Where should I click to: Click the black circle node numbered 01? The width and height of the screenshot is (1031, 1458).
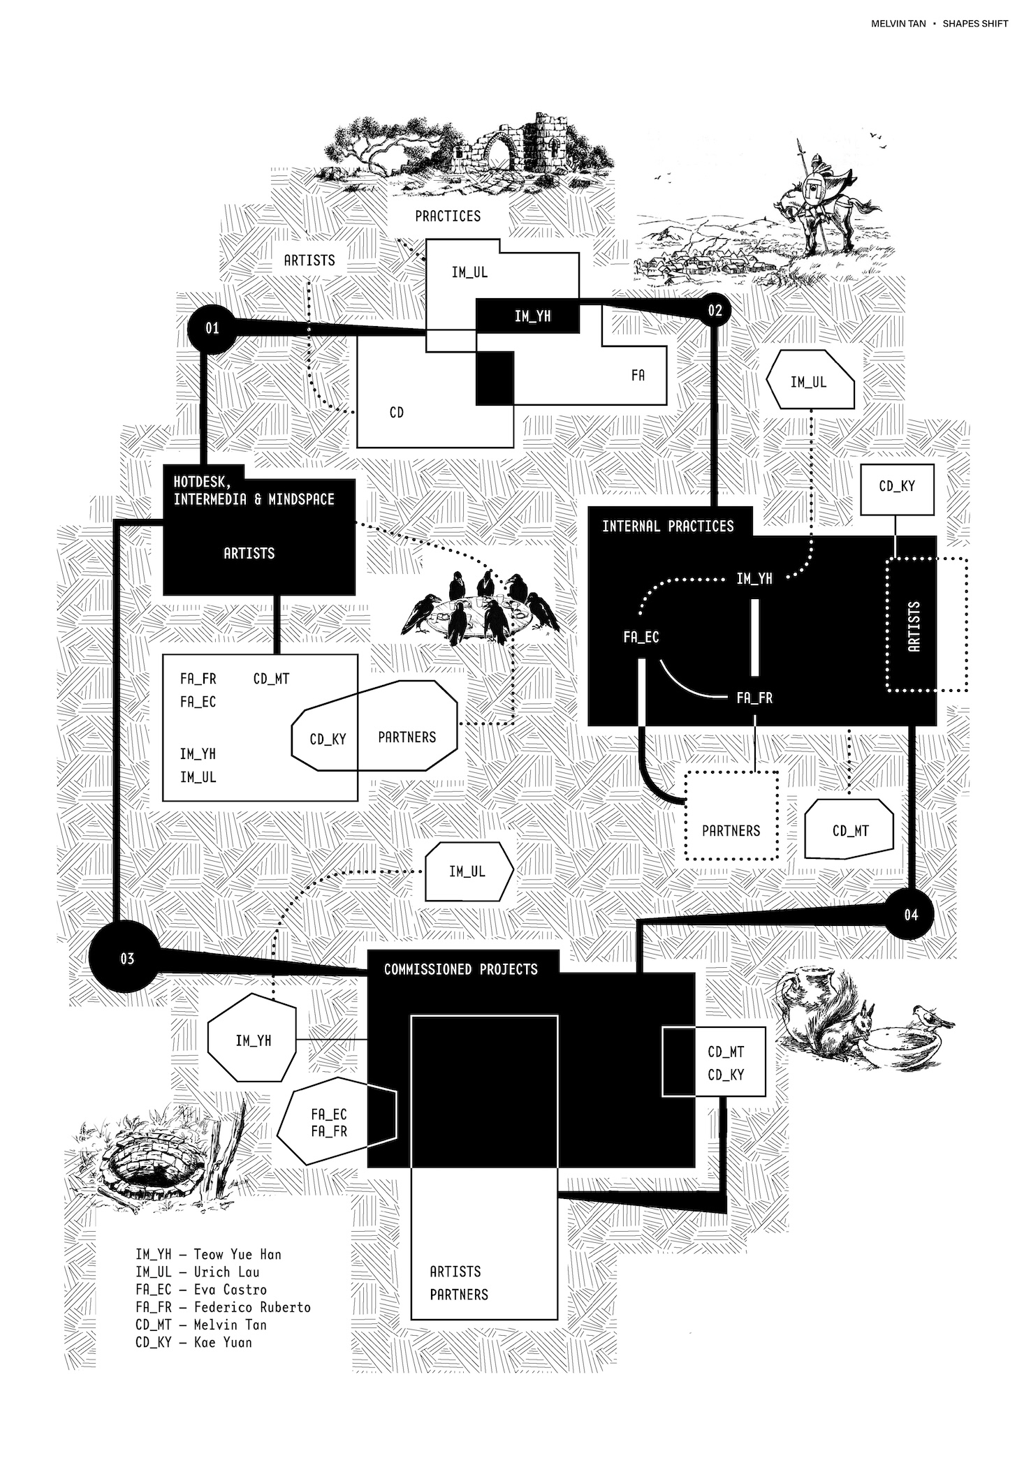click(x=212, y=327)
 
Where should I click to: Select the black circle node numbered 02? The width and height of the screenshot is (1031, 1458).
click(x=715, y=310)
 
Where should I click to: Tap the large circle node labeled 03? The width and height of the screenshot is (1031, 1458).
click(x=126, y=958)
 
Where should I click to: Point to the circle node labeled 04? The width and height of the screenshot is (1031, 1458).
click(x=911, y=914)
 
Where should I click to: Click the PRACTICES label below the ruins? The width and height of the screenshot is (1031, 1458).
click(x=448, y=216)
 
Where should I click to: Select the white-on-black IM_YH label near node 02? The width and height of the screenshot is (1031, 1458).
click(x=532, y=316)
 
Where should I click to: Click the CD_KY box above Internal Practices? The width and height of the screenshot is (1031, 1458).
click(x=897, y=487)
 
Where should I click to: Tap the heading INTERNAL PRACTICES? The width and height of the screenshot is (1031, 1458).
click(x=668, y=526)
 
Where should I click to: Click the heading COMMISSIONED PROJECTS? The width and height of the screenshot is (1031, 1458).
click(x=461, y=969)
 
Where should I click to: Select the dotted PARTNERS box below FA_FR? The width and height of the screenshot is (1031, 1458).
click(x=731, y=816)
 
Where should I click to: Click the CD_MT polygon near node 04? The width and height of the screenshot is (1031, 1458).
click(x=850, y=830)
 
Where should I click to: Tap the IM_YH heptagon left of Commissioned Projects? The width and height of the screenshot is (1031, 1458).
click(x=253, y=1040)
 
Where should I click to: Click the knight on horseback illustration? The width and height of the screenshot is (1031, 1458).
click(x=817, y=199)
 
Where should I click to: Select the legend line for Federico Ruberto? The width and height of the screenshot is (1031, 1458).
click(x=223, y=1306)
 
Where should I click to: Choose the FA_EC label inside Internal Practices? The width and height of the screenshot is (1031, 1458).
click(x=641, y=637)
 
